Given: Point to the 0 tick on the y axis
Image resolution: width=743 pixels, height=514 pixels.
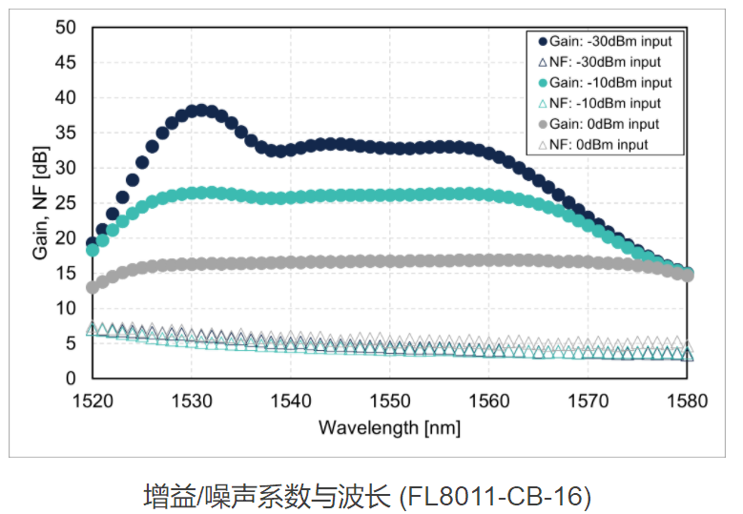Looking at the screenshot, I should click(x=71, y=379).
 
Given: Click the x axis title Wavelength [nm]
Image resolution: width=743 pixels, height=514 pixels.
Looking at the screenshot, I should click(x=389, y=426).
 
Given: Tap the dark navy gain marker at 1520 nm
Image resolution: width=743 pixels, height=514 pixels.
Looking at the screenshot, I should click(x=93, y=243).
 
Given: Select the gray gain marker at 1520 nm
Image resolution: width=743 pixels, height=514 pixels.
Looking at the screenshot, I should click(x=93, y=287).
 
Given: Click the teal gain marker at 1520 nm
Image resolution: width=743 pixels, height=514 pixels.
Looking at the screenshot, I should click(x=93, y=250).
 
